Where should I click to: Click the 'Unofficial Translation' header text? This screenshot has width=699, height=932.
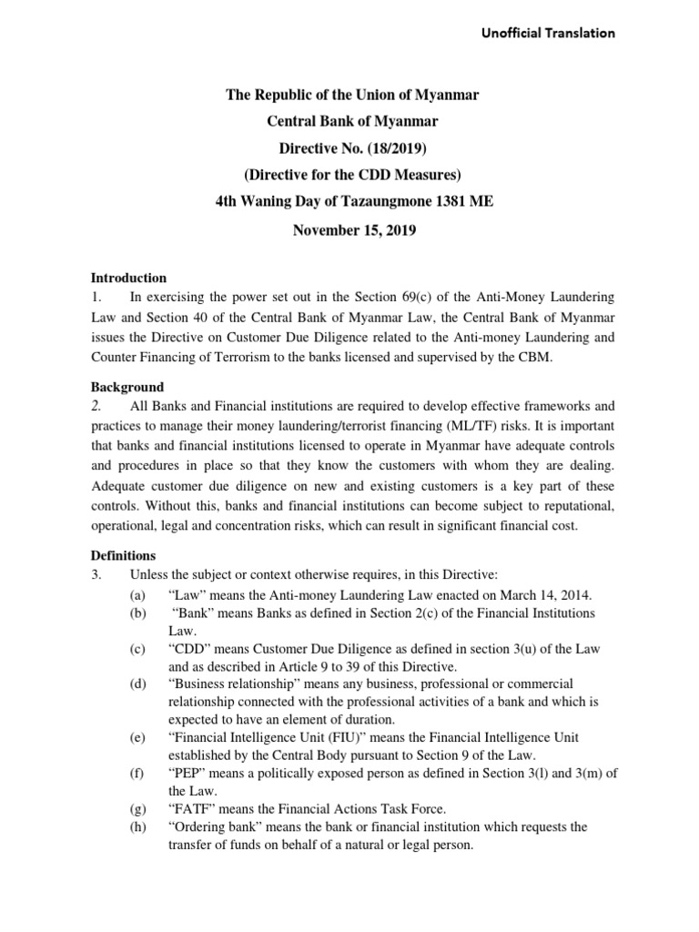pyautogui.click(x=548, y=34)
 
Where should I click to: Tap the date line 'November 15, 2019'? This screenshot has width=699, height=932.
pyautogui.click(x=354, y=231)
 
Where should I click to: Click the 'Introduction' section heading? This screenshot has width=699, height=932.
pyautogui.click(x=128, y=278)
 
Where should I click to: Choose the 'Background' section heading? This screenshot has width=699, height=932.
pyautogui.click(x=127, y=387)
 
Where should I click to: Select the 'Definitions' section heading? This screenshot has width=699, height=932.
pyautogui.click(x=124, y=554)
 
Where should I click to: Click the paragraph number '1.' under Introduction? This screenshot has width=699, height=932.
pyautogui.click(x=96, y=298)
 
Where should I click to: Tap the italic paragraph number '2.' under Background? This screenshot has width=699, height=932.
pyautogui.click(x=96, y=407)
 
